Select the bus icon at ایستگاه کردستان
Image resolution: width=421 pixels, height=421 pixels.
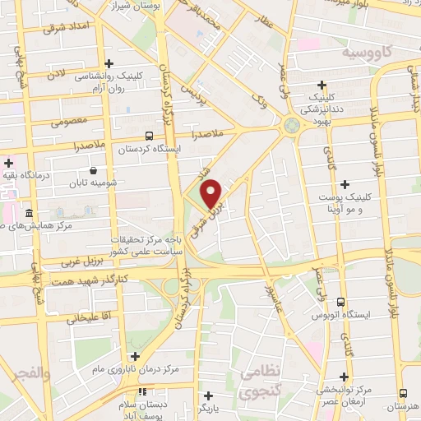click(x=148, y=136)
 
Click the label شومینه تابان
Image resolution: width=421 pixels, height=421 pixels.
click(x=87, y=183)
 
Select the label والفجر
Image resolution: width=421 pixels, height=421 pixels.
click(x=30, y=374)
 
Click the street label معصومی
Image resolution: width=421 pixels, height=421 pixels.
click(x=69, y=123)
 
